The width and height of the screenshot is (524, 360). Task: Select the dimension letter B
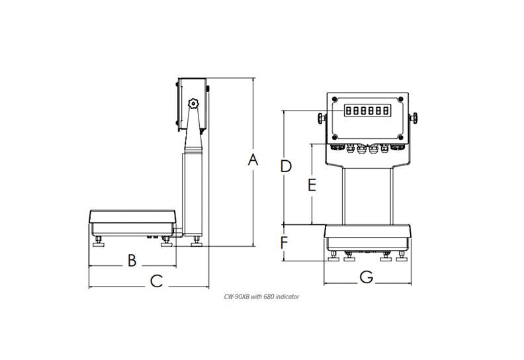click(x=132, y=260)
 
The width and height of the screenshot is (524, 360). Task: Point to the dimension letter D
click(x=285, y=166)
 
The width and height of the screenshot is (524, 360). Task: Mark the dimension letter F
click(x=284, y=243)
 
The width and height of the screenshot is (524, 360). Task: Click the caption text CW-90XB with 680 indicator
click(x=262, y=297)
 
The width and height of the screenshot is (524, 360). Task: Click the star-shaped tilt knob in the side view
click(x=194, y=104)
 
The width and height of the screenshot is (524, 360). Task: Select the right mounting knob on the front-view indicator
click(x=415, y=118)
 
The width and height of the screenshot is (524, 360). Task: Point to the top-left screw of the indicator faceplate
click(x=335, y=100)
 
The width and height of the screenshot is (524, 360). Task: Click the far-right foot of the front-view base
click(x=400, y=256)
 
